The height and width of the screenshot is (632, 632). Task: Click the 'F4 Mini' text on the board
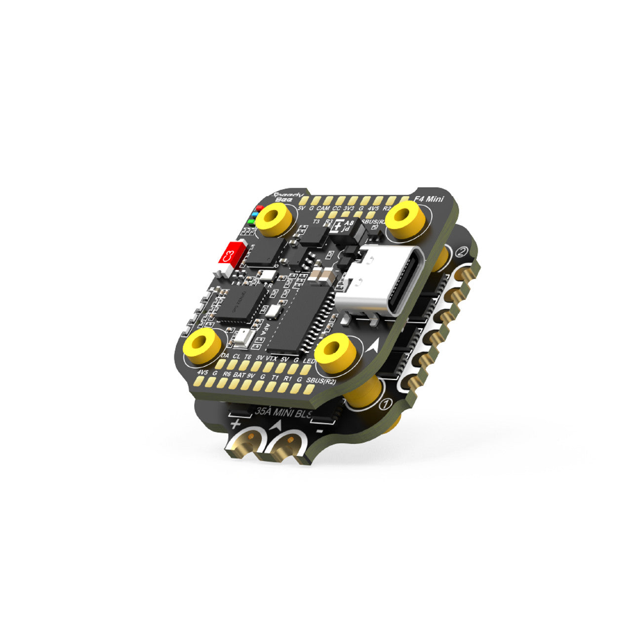(x=430, y=199)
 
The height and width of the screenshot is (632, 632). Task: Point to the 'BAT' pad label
(x=239, y=375)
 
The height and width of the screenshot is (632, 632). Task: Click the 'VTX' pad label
(x=272, y=357)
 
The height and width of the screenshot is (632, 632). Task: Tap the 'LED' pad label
(x=309, y=362)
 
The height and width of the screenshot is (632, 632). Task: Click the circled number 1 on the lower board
(x=386, y=404)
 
